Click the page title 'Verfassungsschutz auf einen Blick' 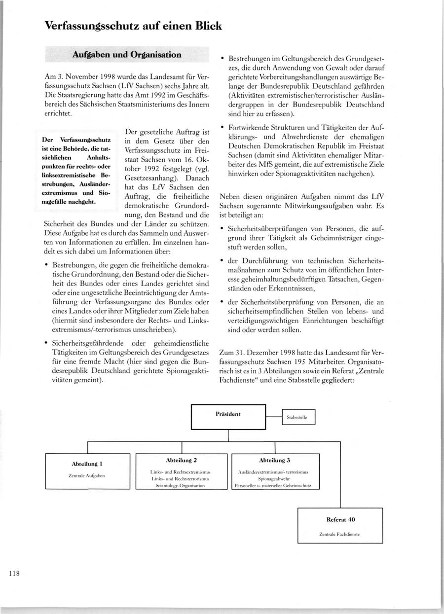pos(133,26)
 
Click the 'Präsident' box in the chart pos(228,414)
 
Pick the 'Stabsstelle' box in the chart pos(297,417)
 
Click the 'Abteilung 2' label pos(182,460)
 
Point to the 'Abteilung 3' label pos(274,460)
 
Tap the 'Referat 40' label pos(341,519)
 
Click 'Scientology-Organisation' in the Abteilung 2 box pos(181,485)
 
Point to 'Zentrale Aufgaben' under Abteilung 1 pos(87,476)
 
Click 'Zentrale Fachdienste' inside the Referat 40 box pos(339,534)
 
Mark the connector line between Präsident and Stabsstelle pos(274,417)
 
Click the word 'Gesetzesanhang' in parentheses pos(152,177)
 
